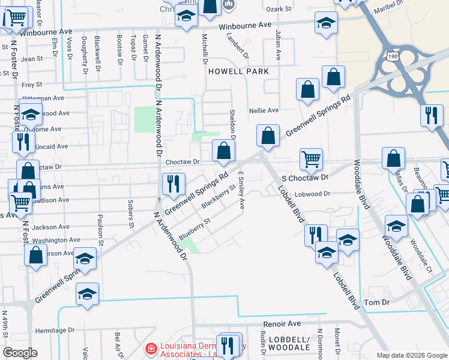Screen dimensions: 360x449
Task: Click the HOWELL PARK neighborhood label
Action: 238,71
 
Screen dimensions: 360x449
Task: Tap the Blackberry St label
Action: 217,196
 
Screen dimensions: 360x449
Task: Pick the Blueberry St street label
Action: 195,229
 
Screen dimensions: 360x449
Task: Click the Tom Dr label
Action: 377,302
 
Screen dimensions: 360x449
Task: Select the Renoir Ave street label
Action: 282,323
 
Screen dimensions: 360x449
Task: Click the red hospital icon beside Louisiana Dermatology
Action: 151,349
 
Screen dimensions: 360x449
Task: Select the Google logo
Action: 20,353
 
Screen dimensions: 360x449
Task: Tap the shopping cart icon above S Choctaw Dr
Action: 311,159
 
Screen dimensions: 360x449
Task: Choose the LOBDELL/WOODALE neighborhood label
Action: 288,343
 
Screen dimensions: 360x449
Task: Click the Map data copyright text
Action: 411,355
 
